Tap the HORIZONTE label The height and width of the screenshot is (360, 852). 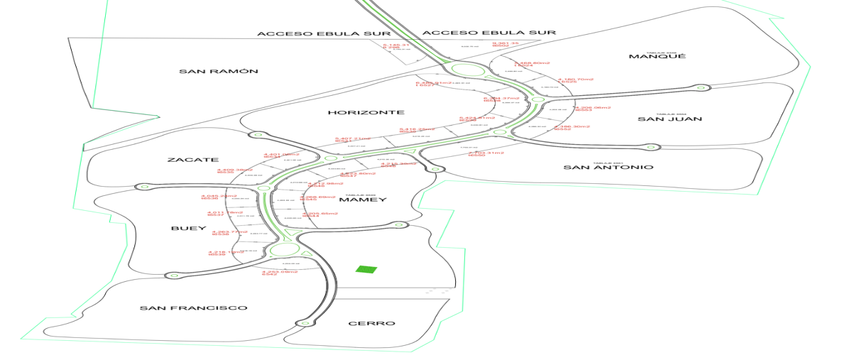click(x=366, y=112)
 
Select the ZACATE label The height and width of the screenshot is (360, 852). click(x=192, y=160)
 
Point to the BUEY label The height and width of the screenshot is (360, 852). click(x=188, y=229)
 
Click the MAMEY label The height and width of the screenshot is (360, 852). click(x=362, y=200)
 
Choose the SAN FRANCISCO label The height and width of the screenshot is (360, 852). click(x=193, y=307)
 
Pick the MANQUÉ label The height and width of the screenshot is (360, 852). click(x=657, y=56)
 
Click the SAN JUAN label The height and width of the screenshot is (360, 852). click(x=670, y=119)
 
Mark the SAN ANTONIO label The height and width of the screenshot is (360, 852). click(x=608, y=167)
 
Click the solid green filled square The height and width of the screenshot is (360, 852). click(x=366, y=269)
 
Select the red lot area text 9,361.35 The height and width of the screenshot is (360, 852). click(x=506, y=43)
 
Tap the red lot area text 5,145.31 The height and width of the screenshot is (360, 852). click(x=396, y=44)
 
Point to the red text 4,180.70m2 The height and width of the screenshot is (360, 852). click(x=575, y=79)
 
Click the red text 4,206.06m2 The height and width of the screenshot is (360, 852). click(x=593, y=107)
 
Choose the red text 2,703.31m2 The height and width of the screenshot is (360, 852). click(x=486, y=152)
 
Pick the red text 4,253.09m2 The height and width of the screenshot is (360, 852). click(x=279, y=271)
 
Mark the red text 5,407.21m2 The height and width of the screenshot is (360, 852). click(x=353, y=138)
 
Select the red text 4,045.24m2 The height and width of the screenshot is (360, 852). click(x=219, y=195)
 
